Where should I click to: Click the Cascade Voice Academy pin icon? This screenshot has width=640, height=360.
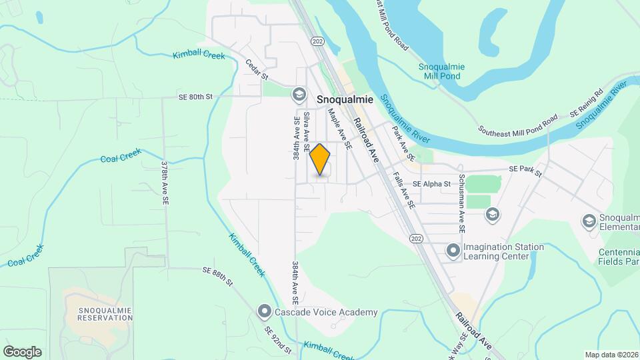[264, 311]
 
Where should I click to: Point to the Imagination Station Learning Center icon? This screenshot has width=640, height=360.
[453, 251]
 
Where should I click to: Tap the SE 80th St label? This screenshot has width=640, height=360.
[195, 97]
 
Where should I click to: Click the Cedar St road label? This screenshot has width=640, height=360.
[257, 69]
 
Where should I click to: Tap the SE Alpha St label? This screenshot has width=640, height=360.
[431, 183]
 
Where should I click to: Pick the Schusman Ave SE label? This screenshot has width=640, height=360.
[461, 207]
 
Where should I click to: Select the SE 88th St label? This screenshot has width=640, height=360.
[217, 274]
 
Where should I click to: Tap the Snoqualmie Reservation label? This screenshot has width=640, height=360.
[105, 314]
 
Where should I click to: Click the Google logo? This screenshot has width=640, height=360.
[22, 352]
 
